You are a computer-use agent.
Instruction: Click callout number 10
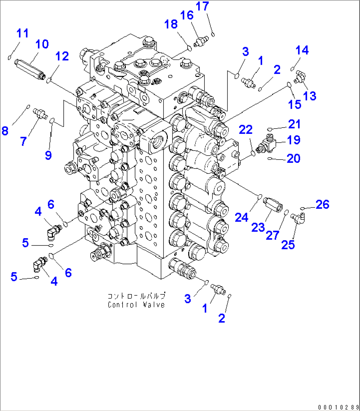coord(42,44)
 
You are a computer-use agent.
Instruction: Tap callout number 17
coord(202,6)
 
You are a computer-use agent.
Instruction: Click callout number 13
coord(309,96)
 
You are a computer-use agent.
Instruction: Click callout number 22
coord(245,130)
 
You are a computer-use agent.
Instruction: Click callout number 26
coord(322,205)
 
